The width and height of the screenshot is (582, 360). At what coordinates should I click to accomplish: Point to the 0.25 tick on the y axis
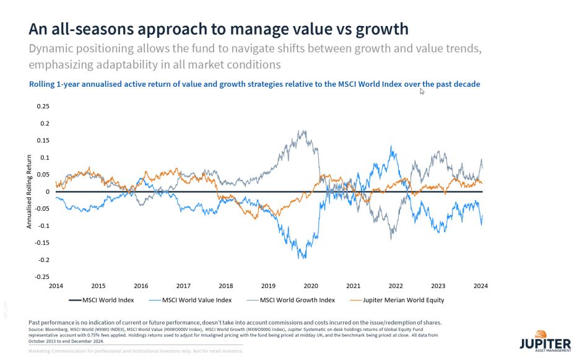click(x=42, y=106)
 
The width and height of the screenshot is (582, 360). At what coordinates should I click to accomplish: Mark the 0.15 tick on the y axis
click(x=42, y=140)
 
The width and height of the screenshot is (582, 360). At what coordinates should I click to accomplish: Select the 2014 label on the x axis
click(x=56, y=286)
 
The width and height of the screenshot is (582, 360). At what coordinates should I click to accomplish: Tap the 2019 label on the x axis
click(x=268, y=286)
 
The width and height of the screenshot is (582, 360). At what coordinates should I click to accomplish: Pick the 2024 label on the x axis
click(x=480, y=286)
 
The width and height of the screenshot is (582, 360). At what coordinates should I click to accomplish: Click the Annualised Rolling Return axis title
click(x=29, y=192)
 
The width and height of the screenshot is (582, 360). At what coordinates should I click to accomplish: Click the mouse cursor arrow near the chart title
click(x=422, y=92)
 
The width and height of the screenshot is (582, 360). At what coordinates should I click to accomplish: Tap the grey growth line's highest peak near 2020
click(x=302, y=131)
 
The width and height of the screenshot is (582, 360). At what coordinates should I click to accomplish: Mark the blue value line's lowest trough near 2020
click(x=302, y=258)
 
